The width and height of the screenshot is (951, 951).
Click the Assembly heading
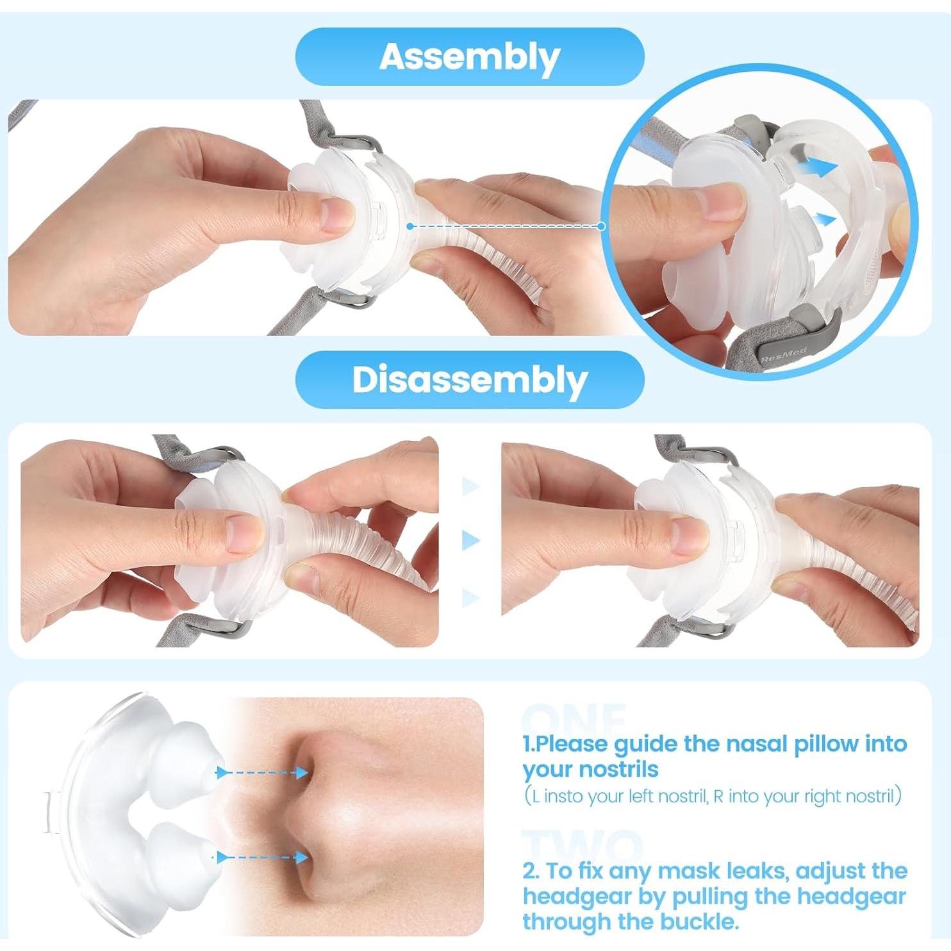tap(469, 56)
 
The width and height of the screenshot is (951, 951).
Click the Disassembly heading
tap(469, 379)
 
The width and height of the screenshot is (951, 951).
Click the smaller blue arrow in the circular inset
tap(824, 220)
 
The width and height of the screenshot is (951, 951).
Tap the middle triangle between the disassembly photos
tap(471, 540)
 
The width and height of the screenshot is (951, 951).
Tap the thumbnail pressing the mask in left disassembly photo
tap(242, 534)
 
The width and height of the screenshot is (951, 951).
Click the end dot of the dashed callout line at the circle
tap(601, 226)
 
